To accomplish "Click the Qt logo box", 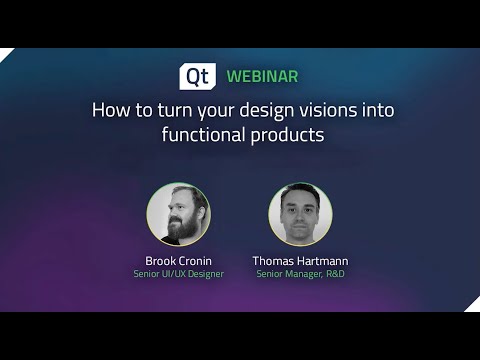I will pos(197,76).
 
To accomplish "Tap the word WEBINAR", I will pos(262,76).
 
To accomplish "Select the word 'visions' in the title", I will pos(319,110).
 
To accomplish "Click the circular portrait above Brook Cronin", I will pos(178,214).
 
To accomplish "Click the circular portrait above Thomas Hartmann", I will pos(300,214).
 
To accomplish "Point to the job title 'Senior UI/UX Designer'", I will pos(178,274).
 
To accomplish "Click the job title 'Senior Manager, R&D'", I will pos(301,274).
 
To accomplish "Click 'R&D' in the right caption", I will pos(335,274).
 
